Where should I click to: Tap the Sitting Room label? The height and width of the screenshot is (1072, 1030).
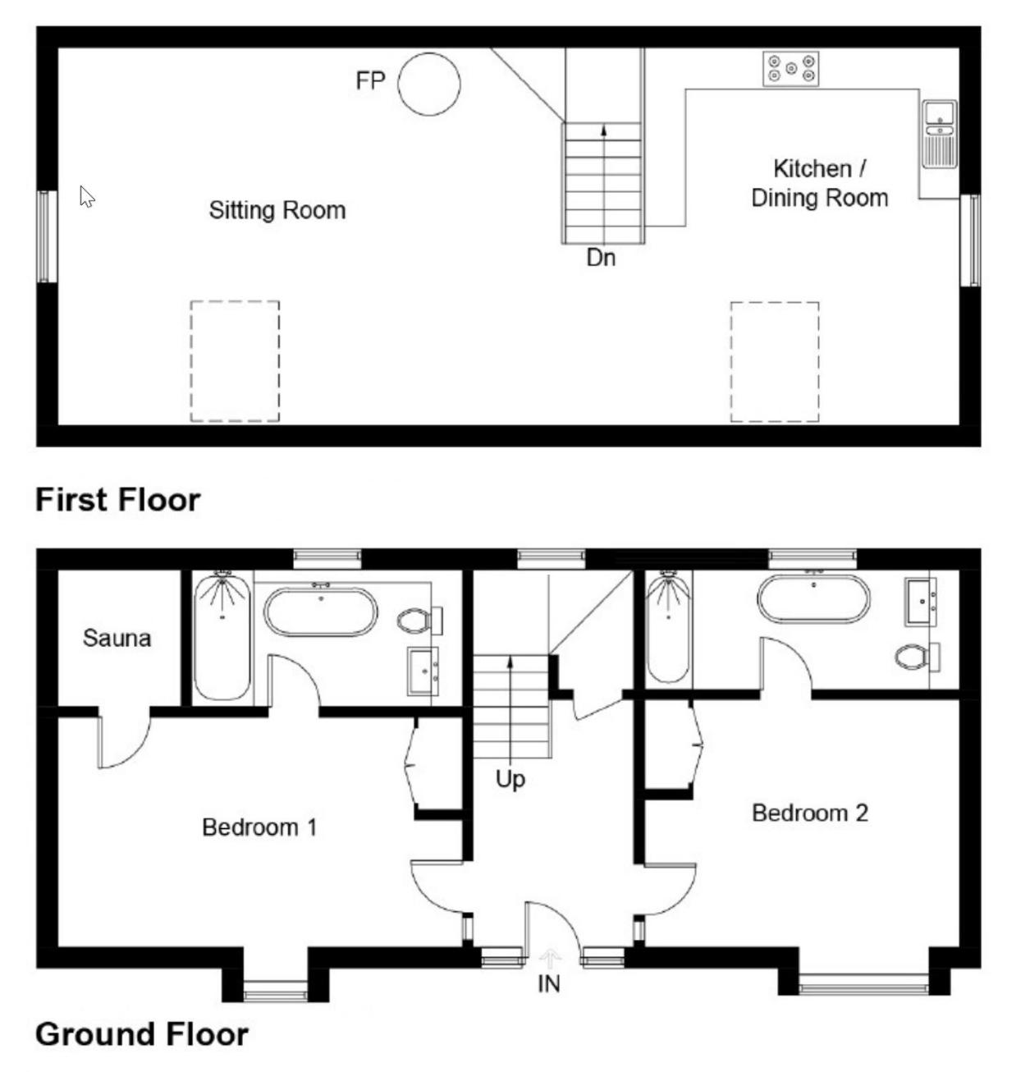[277, 210]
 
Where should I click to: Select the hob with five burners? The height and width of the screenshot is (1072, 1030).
[790, 69]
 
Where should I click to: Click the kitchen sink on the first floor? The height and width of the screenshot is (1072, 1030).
[940, 134]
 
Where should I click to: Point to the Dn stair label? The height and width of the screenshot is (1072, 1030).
[601, 257]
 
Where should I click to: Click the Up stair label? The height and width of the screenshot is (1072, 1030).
[510, 780]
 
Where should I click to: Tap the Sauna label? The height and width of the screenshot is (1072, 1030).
[117, 638]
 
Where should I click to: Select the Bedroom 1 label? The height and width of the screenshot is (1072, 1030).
[259, 827]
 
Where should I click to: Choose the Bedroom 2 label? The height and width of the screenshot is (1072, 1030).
[810, 813]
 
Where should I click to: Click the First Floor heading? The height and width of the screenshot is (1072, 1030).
[118, 500]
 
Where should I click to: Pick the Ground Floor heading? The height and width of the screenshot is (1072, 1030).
[141, 1033]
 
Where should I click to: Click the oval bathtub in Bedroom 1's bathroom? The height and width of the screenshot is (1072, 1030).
[321, 612]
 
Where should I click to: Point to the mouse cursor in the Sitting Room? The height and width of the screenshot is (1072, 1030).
[86, 196]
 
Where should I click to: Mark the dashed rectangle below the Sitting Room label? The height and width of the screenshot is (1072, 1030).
[236, 361]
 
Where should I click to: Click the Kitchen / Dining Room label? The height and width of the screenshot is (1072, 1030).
[820, 183]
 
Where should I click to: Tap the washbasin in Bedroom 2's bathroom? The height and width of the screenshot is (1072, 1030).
[920, 602]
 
